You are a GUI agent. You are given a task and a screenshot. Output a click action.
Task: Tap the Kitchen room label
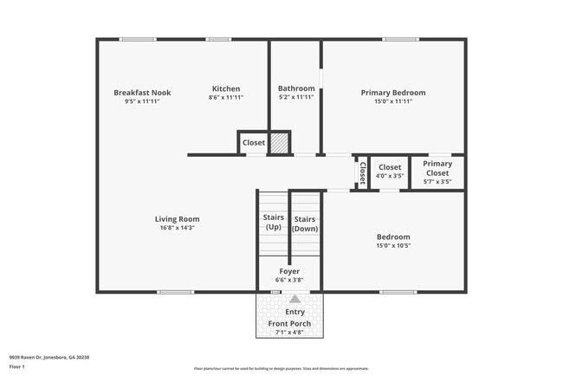tap(226, 88)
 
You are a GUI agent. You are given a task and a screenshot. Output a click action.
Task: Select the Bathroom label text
tap(295, 88)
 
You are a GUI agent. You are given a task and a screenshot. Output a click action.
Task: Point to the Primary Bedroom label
tap(393, 92)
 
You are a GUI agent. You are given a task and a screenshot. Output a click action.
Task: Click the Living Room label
tap(177, 219)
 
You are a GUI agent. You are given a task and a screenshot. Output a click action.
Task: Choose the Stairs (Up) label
tap(273, 223)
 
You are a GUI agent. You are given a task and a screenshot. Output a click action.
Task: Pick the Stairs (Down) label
tap(305, 224)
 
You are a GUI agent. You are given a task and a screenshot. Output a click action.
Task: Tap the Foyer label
tap(288, 271)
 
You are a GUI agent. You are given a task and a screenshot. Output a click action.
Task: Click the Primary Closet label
tap(437, 168)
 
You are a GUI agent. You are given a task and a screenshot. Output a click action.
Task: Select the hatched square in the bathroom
tap(279, 143)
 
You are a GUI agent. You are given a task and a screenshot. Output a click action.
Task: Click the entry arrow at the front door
tap(289, 298)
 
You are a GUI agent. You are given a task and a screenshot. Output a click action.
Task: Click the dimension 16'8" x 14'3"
tap(177, 228)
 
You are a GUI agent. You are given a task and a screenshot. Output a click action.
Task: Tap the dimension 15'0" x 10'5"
tap(393, 245)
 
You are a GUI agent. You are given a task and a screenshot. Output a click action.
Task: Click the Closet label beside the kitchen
tap(253, 142)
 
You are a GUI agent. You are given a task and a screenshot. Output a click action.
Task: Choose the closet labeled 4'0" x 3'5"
tap(390, 171)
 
